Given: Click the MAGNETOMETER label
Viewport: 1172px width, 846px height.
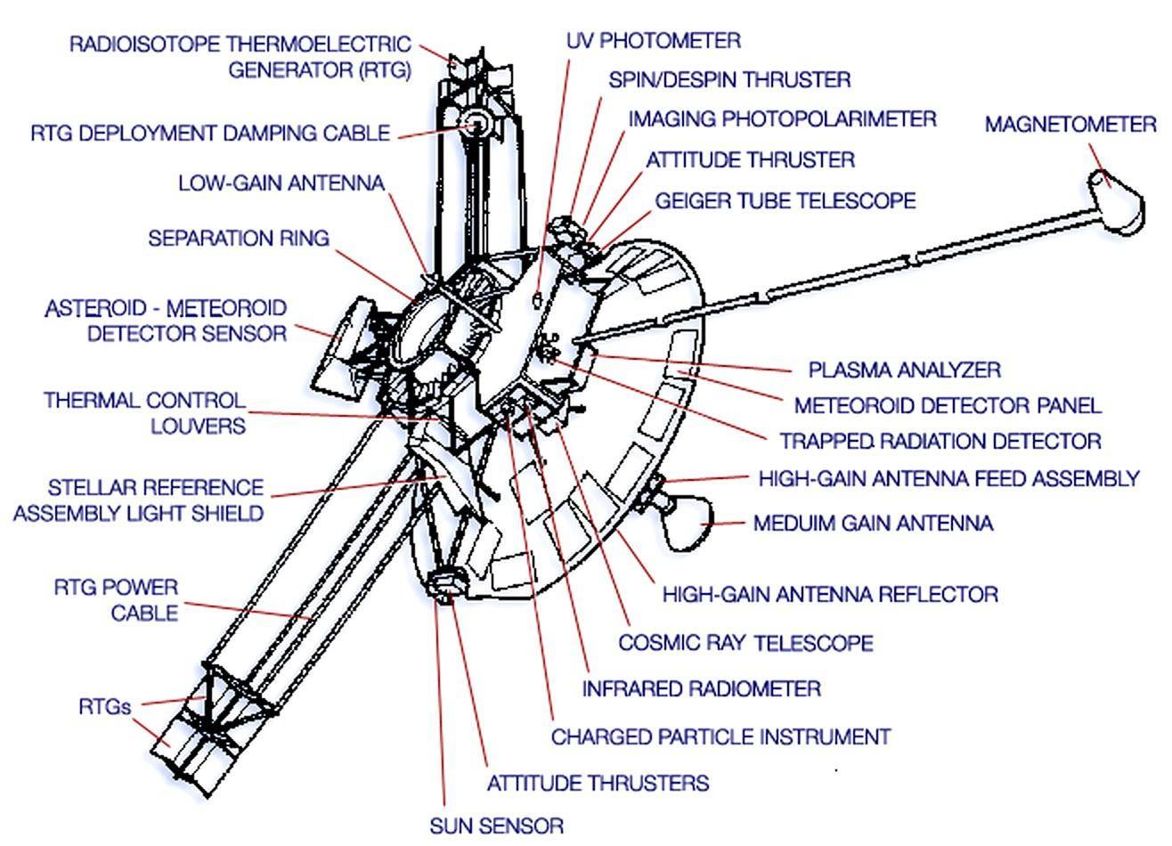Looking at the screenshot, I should (1070, 124).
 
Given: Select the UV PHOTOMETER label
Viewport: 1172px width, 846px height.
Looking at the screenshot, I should (653, 40).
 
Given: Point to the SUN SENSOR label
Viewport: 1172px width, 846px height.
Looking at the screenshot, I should (496, 826).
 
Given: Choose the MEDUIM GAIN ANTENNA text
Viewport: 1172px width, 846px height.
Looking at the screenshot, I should (873, 523).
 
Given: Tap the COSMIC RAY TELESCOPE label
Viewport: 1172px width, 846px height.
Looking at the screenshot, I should (745, 642).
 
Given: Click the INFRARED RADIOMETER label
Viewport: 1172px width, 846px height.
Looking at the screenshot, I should (701, 688).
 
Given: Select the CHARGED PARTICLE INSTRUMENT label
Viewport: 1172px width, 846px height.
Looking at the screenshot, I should (720, 736).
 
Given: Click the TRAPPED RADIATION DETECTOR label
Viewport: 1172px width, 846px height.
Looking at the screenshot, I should (940, 441).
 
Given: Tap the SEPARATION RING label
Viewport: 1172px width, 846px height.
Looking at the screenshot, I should (239, 238).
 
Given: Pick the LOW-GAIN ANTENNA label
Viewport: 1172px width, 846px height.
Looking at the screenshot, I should (281, 183).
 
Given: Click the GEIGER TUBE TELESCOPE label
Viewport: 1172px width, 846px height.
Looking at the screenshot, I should (785, 200).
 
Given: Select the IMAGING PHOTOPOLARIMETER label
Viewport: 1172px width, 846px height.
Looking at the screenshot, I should (782, 118).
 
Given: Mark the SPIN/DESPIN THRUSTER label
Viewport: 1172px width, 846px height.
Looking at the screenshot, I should (729, 79).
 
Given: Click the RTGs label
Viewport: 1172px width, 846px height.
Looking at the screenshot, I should (105, 707).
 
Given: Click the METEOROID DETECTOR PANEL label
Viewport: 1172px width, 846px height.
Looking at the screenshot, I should (948, 405).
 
